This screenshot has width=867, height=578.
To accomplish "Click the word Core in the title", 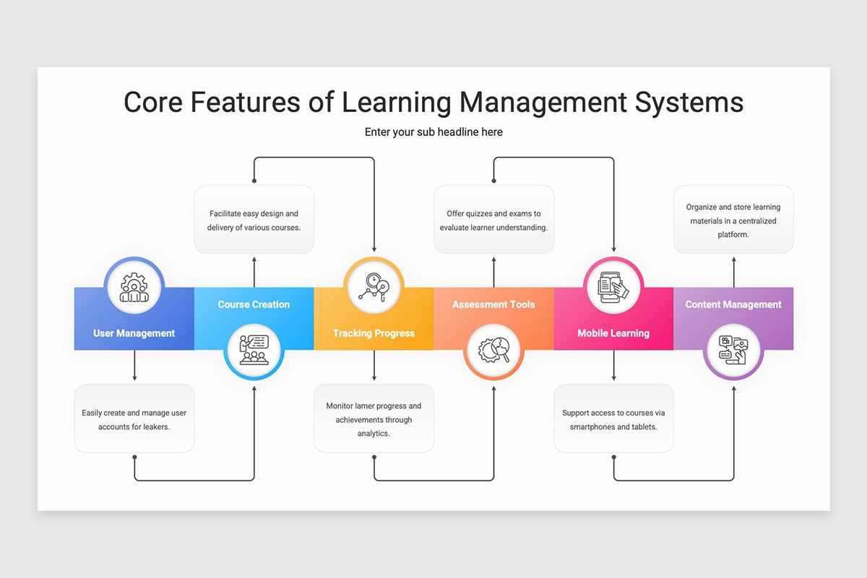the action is click(153, 102).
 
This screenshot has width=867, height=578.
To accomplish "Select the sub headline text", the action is click(433, 132).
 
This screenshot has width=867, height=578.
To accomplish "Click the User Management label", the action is click(134, 333).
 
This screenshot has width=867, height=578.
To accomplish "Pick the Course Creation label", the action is click(254, 304).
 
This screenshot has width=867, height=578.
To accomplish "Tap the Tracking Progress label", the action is click(374, 333).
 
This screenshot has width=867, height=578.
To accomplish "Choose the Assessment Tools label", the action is click(493, 304).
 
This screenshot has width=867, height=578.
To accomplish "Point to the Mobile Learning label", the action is click(613, 333).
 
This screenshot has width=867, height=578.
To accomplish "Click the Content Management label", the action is click(733, 304).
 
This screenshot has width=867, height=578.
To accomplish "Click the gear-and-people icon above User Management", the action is click(134, 288).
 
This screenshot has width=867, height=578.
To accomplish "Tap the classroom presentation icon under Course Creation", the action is click(254, 350).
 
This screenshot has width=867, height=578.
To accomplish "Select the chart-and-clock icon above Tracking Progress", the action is click(374, 288).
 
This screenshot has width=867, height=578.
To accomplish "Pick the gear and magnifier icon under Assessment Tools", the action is click(494, 350).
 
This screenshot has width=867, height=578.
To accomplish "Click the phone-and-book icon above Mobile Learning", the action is click(613, 288).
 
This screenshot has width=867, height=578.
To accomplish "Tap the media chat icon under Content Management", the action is click(733, 350).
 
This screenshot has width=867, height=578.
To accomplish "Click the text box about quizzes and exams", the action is click(493, 220).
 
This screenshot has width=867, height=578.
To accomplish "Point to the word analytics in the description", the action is click(374, 433).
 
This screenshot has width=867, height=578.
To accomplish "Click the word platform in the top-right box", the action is click(733, 235).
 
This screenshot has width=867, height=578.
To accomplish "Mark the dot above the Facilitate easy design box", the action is click(254, 181).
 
